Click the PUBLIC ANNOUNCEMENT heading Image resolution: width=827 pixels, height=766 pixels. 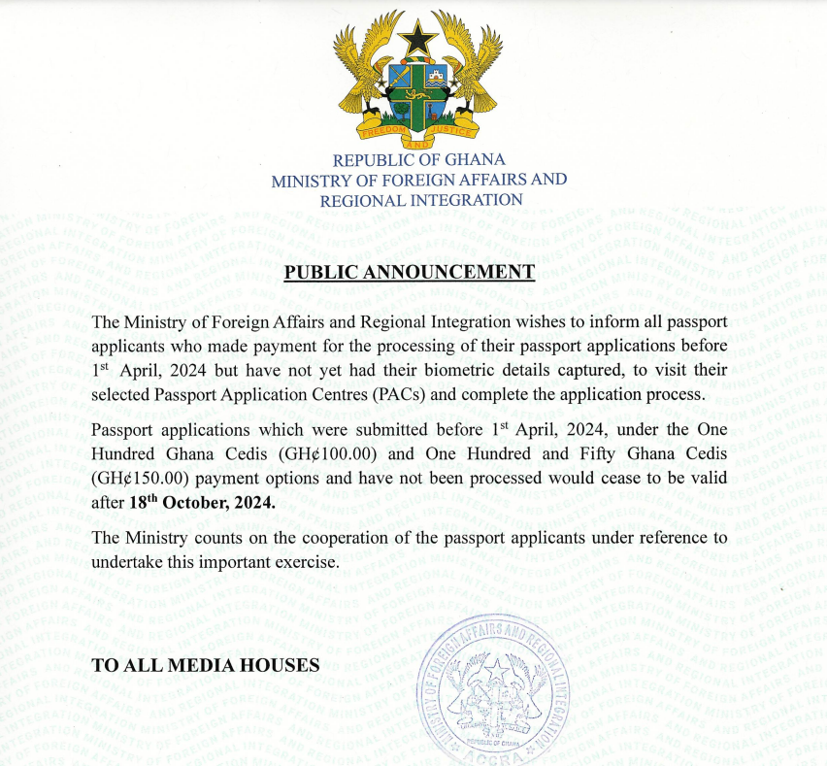[409, 271]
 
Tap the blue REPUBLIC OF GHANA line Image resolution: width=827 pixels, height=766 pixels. [418, 160]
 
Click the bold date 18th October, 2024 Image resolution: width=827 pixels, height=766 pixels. [202, 503]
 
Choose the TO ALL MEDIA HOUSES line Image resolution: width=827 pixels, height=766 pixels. [205, 666]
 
